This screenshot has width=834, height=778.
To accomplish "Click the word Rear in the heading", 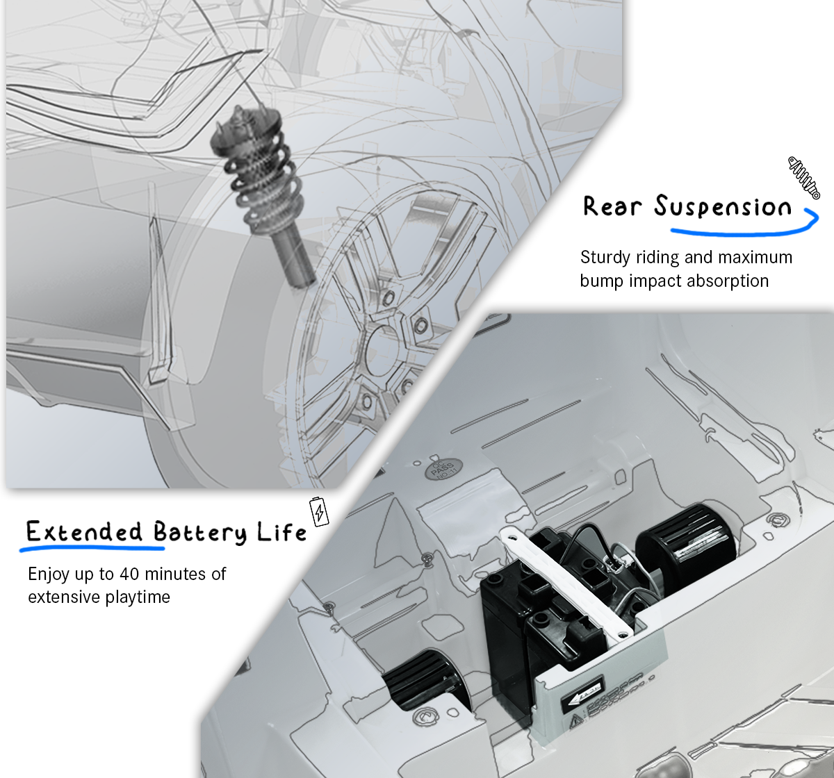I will (x=612, y=207).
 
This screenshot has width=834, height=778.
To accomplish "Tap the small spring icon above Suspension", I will (x=803, y=177).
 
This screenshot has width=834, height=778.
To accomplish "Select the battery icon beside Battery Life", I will (x=319, y=511).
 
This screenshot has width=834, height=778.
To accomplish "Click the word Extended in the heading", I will (x=84, y=532).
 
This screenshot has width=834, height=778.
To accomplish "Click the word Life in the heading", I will (x=281, y=532).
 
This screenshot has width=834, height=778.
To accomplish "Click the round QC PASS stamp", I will (x=443, y=469).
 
